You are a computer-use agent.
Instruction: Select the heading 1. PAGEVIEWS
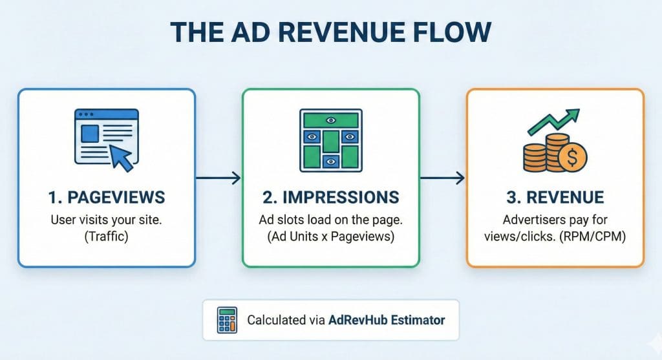click(107, 198)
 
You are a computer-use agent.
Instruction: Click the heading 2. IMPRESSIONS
click(330, 198)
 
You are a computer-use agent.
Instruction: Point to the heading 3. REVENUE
click(555, 198)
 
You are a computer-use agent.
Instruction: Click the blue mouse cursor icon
click(121, 158)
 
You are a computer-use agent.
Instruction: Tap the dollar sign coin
click(572, 158)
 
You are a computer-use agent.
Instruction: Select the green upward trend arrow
click(553, 122)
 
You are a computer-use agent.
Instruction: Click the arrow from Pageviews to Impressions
click(219, 178)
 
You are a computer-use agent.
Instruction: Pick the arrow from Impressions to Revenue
click(442, 178)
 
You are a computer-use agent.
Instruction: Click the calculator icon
click(227, 321)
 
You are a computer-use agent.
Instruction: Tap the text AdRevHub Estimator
click(387, 321)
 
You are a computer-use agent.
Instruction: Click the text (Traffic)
click(107, 237)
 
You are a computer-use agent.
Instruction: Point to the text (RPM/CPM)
click(592, 237)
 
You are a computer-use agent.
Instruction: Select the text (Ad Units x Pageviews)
click(330, 237)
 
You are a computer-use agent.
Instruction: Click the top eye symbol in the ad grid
click(331, 120)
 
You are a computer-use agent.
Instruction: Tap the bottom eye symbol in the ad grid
click(331, 162)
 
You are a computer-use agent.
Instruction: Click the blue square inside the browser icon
click(90, 133)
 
